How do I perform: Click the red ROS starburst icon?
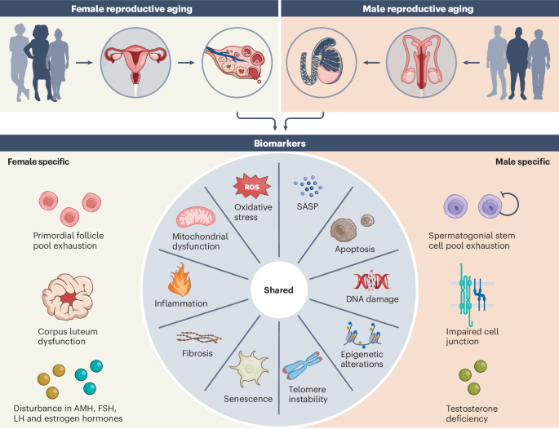click(x=251, y=186)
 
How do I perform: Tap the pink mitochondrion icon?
click(x=196, y=217)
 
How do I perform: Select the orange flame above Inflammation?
click(x=180, y=280)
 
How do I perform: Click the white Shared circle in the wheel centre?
click(x=279, y=290)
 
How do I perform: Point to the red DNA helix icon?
click(x=371, y=281)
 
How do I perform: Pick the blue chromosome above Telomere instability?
click(x=303, y=366)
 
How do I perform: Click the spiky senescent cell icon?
click(x=249, y=369)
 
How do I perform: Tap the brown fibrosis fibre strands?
click(x=199, y=338)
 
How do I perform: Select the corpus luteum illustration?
click(x=68, y=297)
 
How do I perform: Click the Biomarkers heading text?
click(x=279, y=144)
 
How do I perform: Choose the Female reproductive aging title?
click(x=131, y=8)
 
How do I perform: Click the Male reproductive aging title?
click(x=418, y=8)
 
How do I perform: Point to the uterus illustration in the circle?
click(x=135, y=63)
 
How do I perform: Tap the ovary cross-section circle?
click(x=237, y=63)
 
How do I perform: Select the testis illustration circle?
click(x=322, y=63)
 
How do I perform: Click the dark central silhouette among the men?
click(x=517, y=63)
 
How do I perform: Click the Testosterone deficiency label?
click(x=472, y=414)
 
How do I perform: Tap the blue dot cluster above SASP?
click(x=308, y=186)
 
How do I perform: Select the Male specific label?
click(x=522, y=161)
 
